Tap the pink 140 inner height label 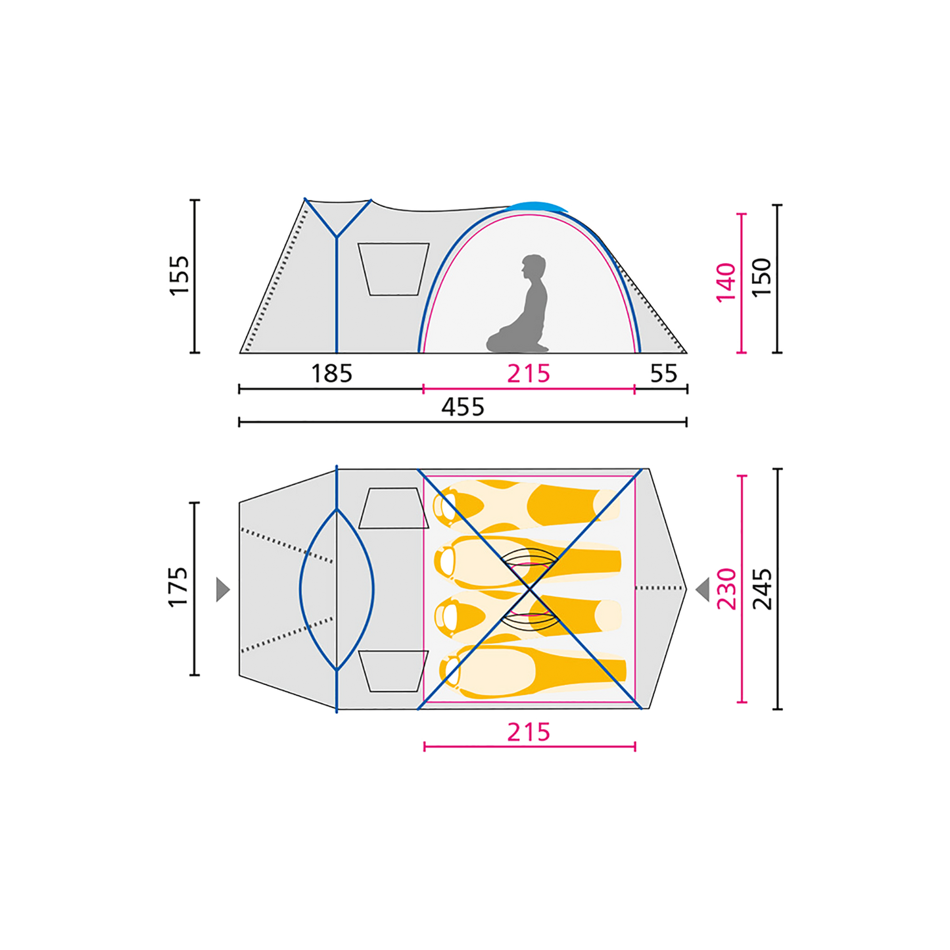(726, 283)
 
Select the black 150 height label (761, 277)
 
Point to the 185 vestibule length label (332, 373)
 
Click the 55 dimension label (664, 373)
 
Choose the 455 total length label (463, 407)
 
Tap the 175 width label (178, 587)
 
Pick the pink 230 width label (726, 588)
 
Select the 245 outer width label (762, 588)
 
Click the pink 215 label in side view (529, 373)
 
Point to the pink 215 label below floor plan (529, 732)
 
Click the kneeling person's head (533, 267)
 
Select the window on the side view (393, 269)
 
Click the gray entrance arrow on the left (223, 590)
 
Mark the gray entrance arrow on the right (703, 590)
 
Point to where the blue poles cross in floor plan (530, 588)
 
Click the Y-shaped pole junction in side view (337, 237)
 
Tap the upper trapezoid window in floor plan (393, 508)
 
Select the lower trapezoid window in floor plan (393, 671)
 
